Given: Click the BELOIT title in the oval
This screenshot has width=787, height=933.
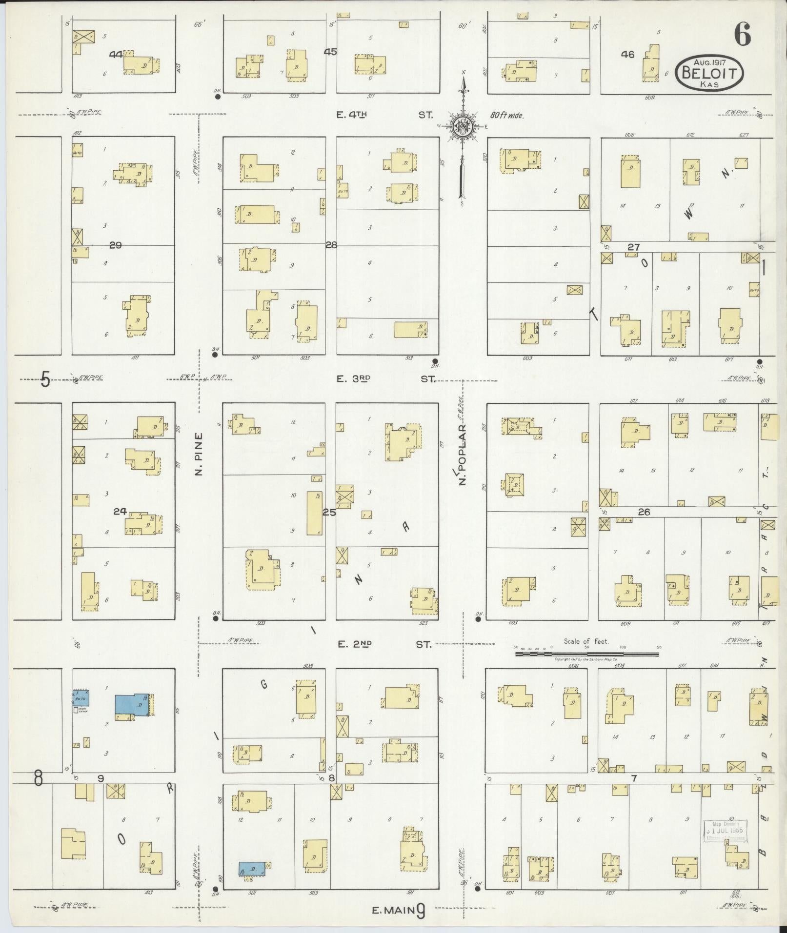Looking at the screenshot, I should pos(710,74).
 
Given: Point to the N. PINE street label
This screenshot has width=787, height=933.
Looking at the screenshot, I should pos(199,454).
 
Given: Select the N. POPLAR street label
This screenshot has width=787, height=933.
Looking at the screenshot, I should pos(462,454).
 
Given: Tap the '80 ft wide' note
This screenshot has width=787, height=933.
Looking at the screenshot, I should pos(506,116).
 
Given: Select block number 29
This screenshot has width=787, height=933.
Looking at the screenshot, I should pos(115,245).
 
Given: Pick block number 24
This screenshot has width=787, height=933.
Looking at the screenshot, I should pos(120,512).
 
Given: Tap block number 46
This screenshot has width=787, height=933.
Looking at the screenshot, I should pos(627,55).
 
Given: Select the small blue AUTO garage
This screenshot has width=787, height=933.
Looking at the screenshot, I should pos(81,698).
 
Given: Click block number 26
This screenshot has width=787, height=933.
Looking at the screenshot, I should pos(644,512).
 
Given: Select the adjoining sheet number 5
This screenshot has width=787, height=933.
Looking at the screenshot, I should pos(45,379).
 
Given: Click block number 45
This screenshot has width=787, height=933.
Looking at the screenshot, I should pos(330,52).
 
